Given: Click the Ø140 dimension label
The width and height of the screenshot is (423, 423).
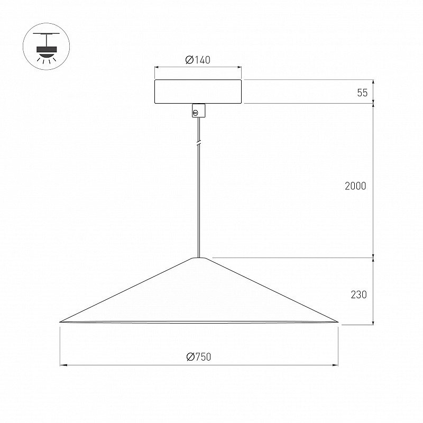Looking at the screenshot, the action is tap(198, 60).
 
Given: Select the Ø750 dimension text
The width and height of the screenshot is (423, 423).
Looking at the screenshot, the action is tap(199, 356).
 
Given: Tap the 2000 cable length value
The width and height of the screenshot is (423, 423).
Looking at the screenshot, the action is tap(355, 186).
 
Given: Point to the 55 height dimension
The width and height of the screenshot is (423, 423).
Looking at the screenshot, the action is tap(362, 93).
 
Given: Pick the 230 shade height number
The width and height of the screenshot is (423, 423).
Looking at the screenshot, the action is tap(358, 295).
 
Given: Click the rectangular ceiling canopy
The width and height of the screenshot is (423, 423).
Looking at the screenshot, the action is tap(198, 91).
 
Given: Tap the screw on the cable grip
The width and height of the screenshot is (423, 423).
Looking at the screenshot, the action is tap(196, 113).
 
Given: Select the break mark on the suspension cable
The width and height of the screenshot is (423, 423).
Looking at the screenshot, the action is tap(199, 142).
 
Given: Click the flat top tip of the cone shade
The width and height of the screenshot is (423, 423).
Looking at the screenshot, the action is tap(199, 258).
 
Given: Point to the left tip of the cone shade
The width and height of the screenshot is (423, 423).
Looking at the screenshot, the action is tap(60, 322).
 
